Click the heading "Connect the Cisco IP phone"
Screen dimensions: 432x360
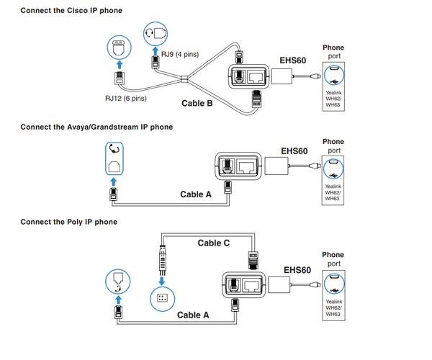coord(71,11)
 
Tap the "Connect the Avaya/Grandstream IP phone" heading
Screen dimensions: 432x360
coord(96,127)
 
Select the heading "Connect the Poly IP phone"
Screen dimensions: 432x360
coord(69,222)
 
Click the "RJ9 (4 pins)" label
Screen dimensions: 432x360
coord(180,54)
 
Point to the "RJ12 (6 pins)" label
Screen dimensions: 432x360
coord(126,99)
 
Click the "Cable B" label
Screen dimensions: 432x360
coord(197,103)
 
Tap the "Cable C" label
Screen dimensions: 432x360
coord(214,243)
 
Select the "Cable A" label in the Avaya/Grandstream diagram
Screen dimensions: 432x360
coord(196,194)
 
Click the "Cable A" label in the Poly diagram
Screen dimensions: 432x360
coord(193,315)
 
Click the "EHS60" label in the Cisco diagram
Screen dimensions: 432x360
coord(292,60)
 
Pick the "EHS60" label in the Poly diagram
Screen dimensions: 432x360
coord(297,270)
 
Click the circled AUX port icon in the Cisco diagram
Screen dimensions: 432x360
coord(119,48)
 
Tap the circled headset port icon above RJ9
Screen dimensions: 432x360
coord(156,34)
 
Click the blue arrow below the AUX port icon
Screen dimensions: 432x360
coord(120,65)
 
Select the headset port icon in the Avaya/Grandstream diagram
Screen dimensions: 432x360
coord(114,158)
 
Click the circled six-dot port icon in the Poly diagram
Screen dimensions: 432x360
coord(162,299)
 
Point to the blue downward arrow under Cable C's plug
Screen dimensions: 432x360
coord(162,281)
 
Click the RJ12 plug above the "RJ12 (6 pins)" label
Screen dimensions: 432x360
coord(120,78)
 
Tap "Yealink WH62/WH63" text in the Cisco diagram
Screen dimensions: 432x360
coord(333,99)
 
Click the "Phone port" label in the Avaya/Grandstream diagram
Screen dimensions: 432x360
coord(333,146)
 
